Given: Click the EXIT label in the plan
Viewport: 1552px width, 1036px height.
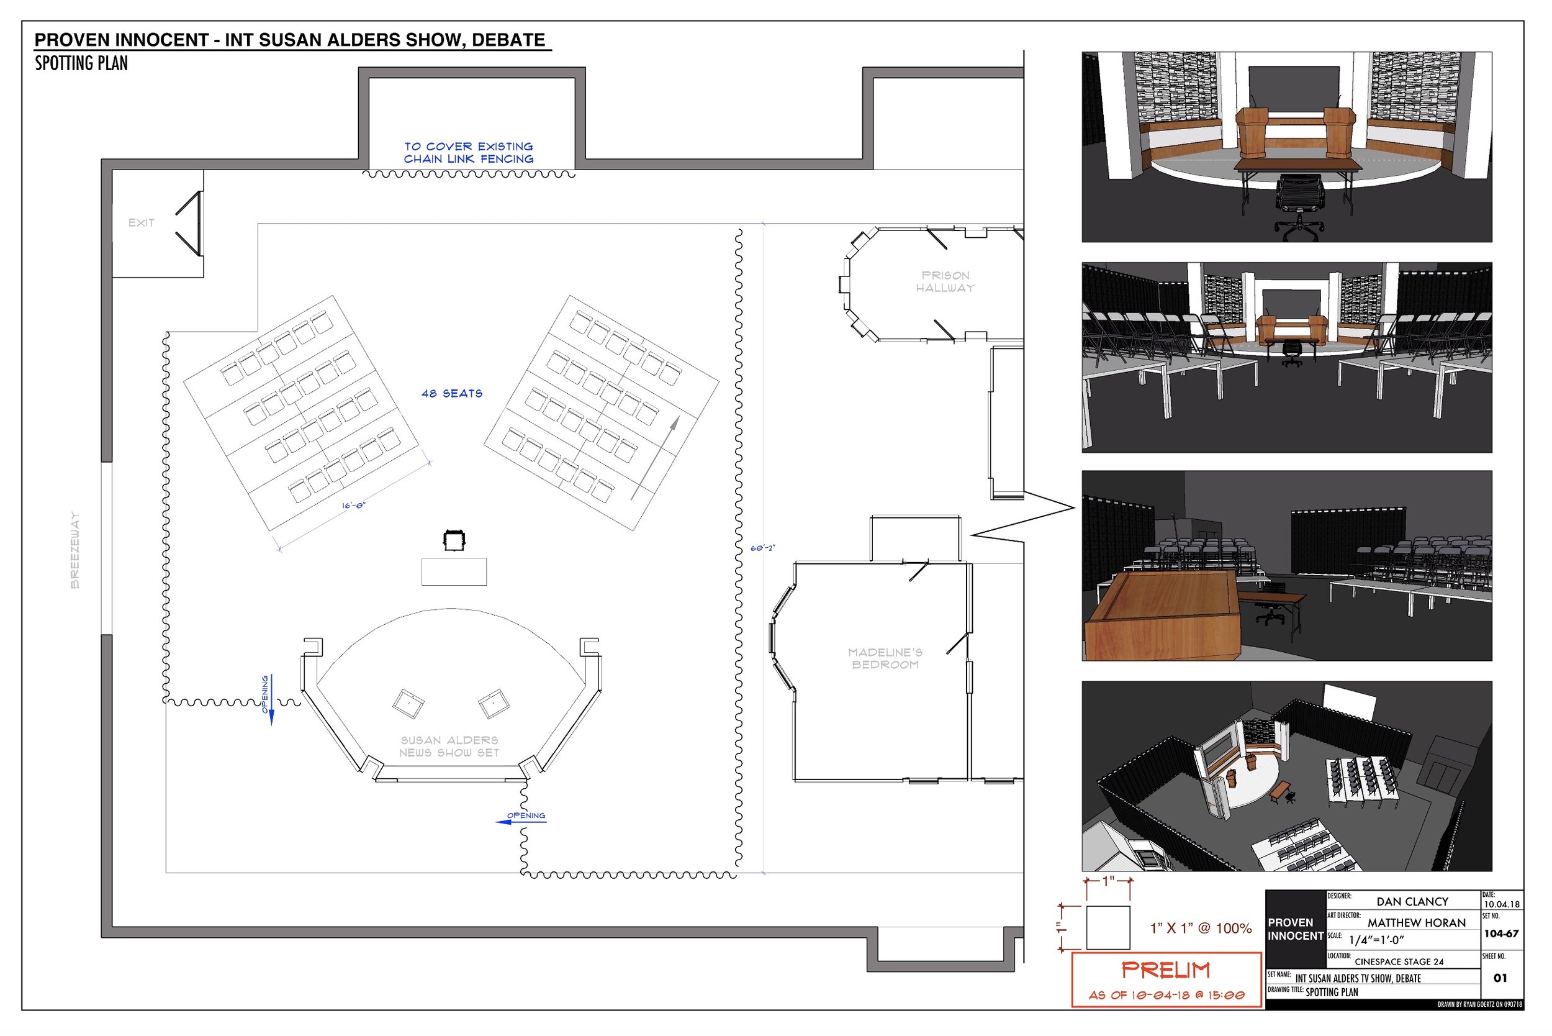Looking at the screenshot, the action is pos(142,222).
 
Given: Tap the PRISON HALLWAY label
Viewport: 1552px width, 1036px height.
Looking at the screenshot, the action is pos(945,281).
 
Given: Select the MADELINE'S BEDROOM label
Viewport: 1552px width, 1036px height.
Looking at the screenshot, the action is pos(885,658).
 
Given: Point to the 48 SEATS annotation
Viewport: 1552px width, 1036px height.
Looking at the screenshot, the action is pos(452,393).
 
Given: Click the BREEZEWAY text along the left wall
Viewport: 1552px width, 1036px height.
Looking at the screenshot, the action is pos(74,550).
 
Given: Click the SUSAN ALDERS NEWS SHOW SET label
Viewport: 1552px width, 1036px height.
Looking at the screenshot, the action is pos(449,746).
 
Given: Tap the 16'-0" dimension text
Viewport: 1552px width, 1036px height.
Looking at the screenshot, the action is pos(353,506).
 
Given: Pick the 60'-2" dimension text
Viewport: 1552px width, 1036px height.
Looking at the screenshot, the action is pos(762,548).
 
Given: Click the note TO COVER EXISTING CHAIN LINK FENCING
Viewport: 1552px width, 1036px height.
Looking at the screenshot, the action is pos(469,153).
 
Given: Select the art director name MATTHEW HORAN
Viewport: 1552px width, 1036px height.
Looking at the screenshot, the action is pos(1417,922).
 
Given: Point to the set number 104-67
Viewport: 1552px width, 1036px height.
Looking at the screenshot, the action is pos(1501,934).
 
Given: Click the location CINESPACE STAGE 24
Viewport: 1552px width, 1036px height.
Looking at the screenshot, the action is pos(1399,961).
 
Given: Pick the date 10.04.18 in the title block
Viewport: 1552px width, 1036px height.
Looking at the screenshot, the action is pos(1501,904).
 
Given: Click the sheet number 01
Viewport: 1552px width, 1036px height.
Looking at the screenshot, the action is pos(1500,978).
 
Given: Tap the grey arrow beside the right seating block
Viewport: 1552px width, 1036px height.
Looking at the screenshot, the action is pos(654,458).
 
